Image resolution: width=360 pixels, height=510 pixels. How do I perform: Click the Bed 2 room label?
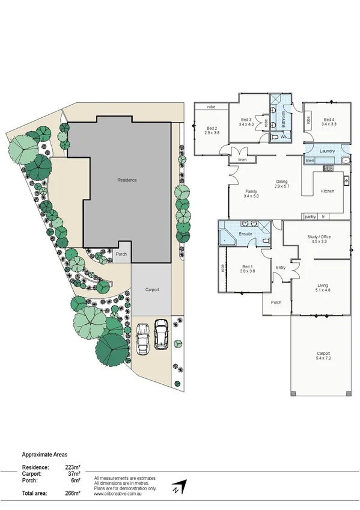pyautogui.click(x=211, y=128)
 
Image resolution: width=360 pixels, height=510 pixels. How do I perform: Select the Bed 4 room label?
pyautogui.click(x=328, y=120)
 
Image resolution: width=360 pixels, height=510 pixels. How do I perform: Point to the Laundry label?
pyautogui.click(x=327, y=151)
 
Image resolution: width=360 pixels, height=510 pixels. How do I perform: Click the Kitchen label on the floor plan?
pyautogui.click(x=327, y=191)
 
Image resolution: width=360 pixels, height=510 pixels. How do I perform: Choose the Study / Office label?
pyautogui.click(x=319, y=236)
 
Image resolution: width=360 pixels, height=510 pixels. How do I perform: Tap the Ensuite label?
pyautogui.click(x=245, y=233)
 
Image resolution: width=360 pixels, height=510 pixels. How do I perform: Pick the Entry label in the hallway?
pyautogui.click(x=281, y=268)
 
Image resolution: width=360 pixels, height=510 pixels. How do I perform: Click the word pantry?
pyautogui.click(x=310, y=217)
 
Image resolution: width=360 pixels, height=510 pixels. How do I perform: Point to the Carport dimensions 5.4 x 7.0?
pyautogui.click(x=324, y=358)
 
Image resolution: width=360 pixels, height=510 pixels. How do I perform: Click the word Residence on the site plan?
pyautogui.click(x=127, y=180)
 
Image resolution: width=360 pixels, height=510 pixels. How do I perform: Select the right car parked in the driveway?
pyautogui.click(x=161, y=334)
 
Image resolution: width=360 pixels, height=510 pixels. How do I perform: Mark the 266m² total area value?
pyautogui.click(x=73, y=493)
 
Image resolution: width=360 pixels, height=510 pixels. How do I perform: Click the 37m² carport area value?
pyautogui.click(x=73, y=473)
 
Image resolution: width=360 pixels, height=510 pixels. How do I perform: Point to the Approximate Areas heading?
pyautogui.click(x=45, y=455)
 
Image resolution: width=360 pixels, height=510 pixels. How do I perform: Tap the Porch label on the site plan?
pyautogui.click(x=121, y=254)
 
